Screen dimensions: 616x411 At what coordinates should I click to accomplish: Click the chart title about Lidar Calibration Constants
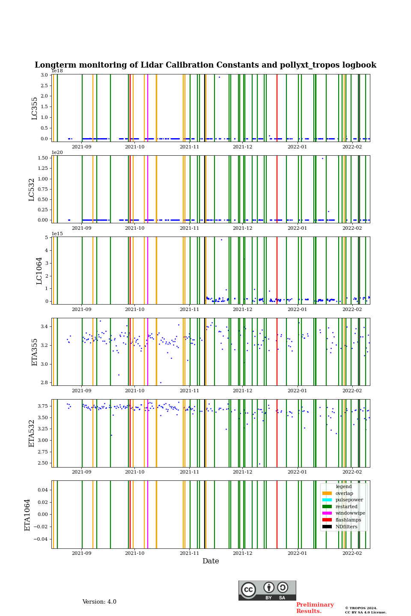pos(205,65)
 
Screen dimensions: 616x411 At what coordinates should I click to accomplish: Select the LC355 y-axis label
pos(35,108)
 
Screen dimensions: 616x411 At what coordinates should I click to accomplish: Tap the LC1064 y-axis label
pos(39,271)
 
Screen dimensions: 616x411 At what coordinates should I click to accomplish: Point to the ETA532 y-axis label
pos(32,433)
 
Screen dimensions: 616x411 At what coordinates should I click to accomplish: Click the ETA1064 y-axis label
pos(27,515)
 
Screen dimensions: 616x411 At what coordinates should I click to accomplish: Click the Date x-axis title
pos(211,561)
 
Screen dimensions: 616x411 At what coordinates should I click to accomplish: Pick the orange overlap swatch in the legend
pos(327,493)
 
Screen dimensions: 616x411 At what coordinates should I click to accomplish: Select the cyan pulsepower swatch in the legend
pos(327,500)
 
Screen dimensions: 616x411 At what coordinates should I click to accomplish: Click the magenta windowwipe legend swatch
pos(327,513)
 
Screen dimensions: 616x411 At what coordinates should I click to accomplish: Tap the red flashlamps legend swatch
pos(327,520)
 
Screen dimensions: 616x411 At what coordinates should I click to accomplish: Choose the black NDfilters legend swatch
pos(327,527)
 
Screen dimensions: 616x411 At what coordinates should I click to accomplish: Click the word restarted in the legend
pos(346,506)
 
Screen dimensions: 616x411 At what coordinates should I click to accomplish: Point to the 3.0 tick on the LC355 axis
pos(44,75)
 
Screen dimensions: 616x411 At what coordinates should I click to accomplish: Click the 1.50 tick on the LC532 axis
pos(43,158)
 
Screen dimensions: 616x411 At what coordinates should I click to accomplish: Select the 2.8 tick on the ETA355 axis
pos(44,383)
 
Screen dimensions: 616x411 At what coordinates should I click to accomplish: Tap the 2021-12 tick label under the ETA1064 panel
pos(242,554)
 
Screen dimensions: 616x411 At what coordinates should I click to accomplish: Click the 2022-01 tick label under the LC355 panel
pos(297,147)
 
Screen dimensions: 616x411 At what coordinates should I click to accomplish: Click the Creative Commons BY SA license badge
pos(267,590)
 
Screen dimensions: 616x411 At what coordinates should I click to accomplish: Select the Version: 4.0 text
pos(99,602)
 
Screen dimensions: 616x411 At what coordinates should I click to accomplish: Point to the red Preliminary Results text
pos(315,608)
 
